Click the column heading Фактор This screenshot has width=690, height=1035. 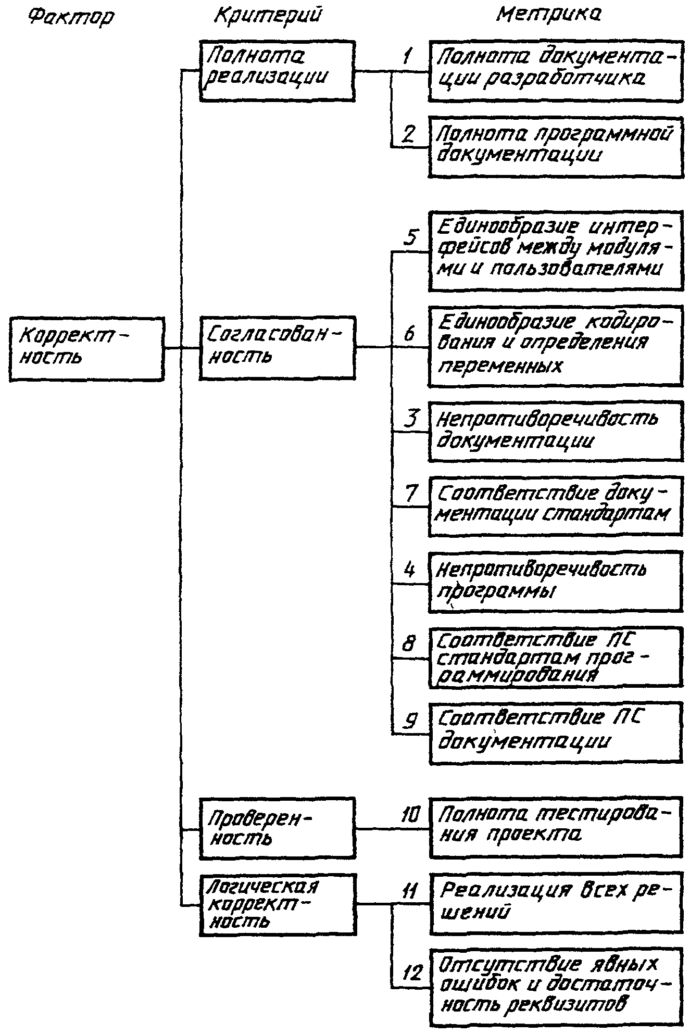(71, 18)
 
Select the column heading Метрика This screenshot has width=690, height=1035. (548, 15)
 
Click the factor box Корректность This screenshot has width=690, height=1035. (86, 348)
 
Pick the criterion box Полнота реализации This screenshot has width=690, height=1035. (277, 71)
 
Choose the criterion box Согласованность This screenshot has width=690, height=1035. (277, 347)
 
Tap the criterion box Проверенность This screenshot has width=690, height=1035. (277, 827)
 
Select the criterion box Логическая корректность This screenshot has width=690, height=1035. (277, 904)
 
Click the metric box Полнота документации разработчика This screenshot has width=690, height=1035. (555, 71)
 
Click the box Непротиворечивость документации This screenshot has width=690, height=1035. (555, 431)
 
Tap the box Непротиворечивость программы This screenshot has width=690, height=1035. (555, 582)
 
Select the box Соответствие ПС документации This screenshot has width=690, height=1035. (555, 732)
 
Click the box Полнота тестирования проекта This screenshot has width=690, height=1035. (555, 827)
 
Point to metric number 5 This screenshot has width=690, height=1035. (410, 238)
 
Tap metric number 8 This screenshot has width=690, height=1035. (409, 645)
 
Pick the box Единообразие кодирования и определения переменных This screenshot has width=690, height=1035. (555, 346)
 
